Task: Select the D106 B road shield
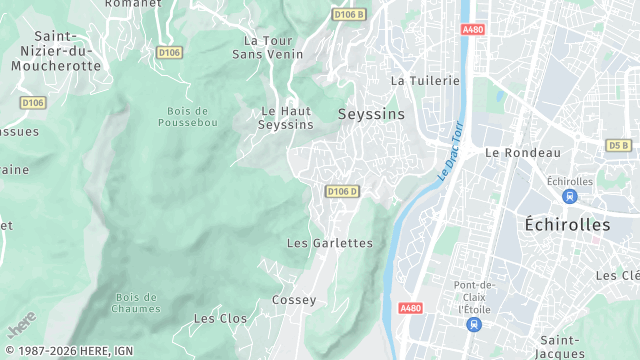point(349,15)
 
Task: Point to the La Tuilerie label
point(425,80)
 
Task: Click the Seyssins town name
point(372,114)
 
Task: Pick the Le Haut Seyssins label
point(286,118)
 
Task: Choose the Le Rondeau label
point(523,152)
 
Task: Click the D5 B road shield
point(619,145)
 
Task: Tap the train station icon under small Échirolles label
point(570,196)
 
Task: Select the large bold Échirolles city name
point(567,225)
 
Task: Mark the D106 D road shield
point(342,191)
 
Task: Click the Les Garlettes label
point(329,243)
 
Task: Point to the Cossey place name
point(294,300)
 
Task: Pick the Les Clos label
point(220,318)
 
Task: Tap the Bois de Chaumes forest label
point(138,302)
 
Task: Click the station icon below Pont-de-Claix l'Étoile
point(474,324)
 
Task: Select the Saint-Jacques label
point(561,346)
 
